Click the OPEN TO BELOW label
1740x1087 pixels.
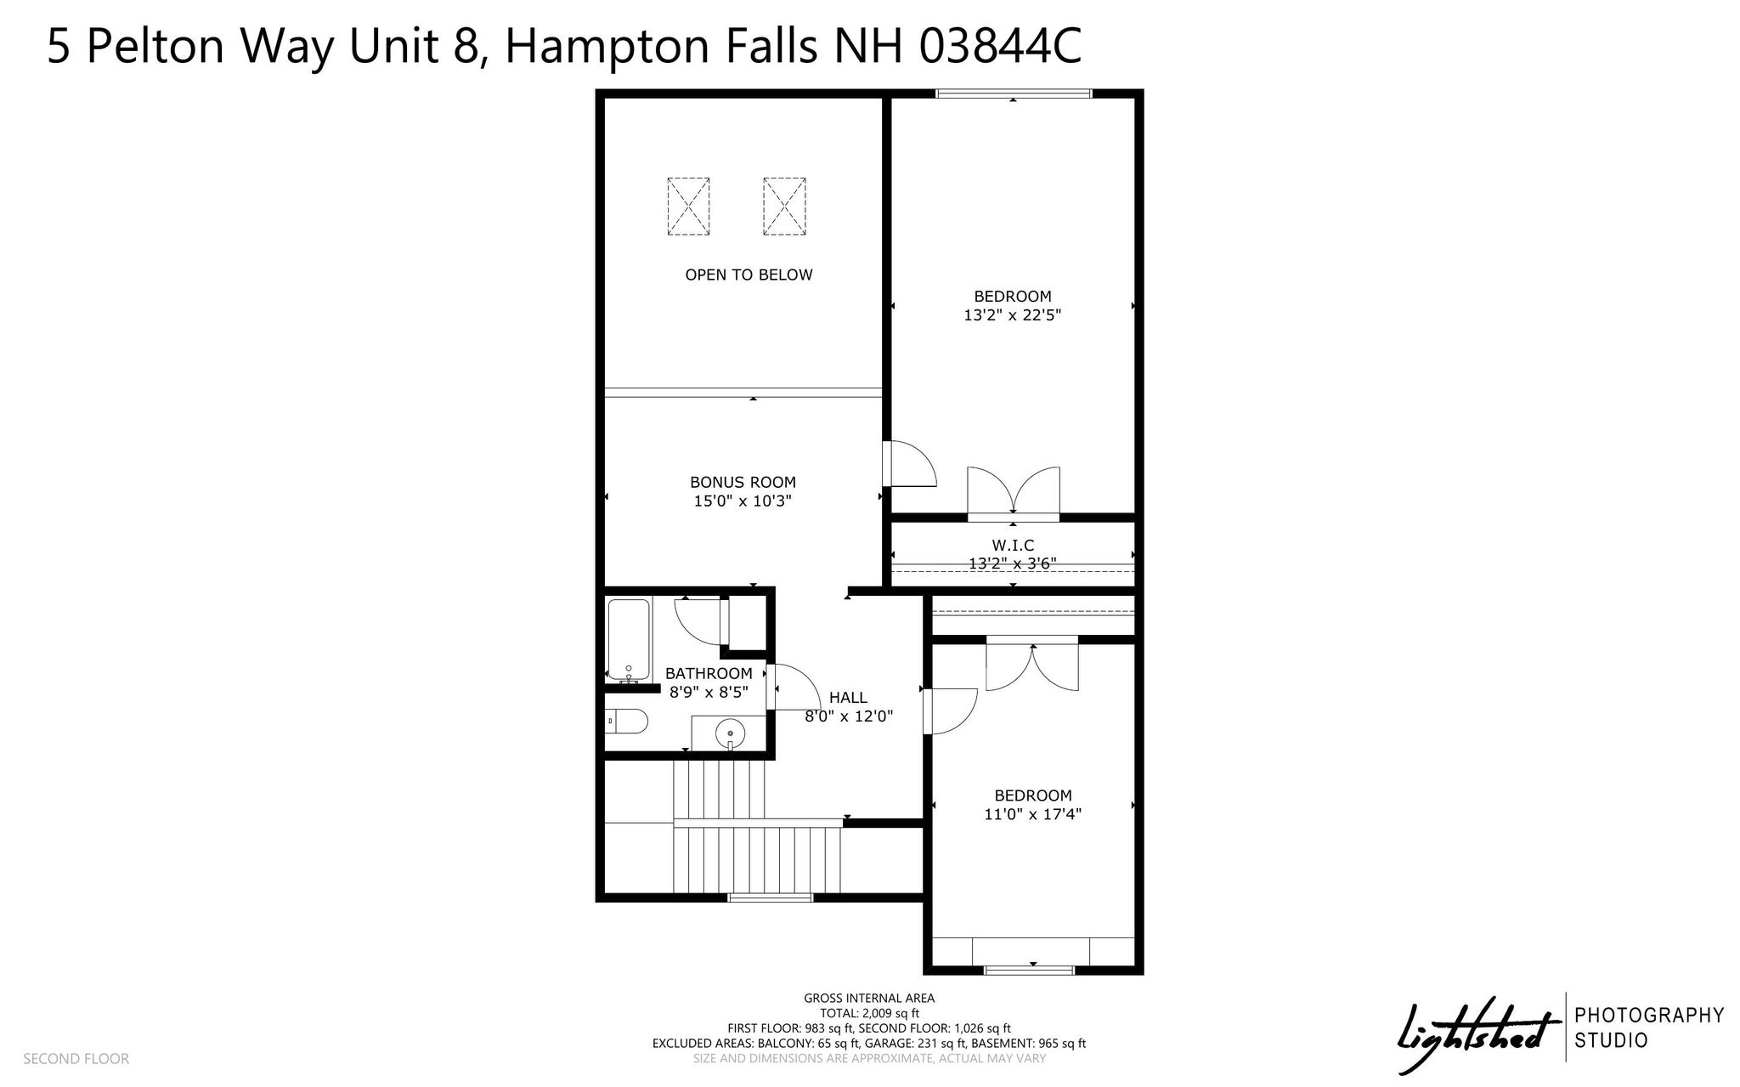point(749,275)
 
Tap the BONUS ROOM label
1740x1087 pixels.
point(743,483)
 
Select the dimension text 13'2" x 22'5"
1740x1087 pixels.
point(1013,315)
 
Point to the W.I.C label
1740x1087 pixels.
point(1013,545)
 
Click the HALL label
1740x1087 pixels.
point(848,698)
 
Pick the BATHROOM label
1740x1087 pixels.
point(709,674)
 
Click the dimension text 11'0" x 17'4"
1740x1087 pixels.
point(1033,814)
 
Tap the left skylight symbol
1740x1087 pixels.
point(688,206)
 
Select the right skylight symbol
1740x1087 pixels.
point(784,206)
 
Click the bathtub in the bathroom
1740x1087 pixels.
point(629,640)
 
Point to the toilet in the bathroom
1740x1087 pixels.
point(628,722)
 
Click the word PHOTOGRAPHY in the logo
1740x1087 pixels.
point(1649,1015)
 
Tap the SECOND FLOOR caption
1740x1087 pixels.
point(76,1059)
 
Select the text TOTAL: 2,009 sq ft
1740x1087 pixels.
point(869,1013)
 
